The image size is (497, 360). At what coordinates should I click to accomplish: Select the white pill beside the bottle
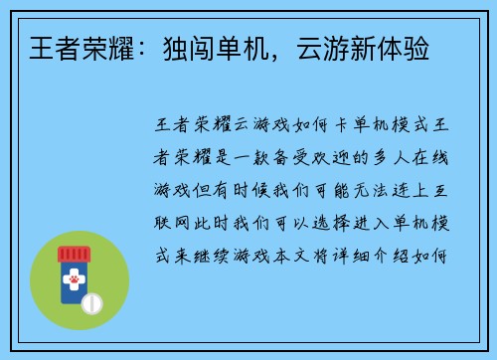(94, 300)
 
